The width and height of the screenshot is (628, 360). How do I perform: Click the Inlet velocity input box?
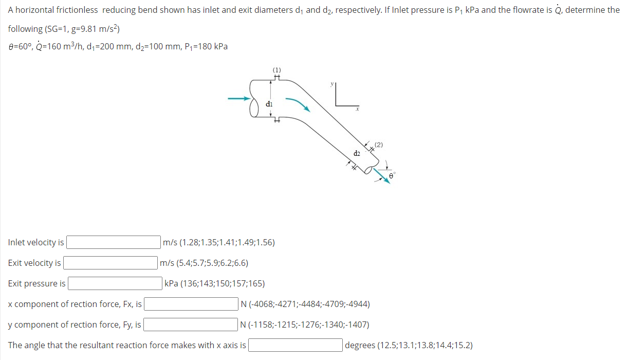113,242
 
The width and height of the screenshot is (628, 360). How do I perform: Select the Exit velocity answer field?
110,263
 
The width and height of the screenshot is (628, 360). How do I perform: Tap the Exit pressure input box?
115,283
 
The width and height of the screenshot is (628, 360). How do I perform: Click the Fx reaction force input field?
191,304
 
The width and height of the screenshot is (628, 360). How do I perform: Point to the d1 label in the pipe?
269,103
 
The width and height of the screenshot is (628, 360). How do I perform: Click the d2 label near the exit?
357,153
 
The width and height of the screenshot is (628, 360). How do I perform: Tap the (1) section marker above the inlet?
276,69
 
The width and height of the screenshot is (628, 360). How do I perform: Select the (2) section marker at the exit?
379,144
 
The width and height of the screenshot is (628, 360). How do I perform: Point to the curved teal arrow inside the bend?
298,103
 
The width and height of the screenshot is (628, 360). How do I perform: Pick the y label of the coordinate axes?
332,83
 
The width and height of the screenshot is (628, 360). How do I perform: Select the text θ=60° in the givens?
21,46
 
